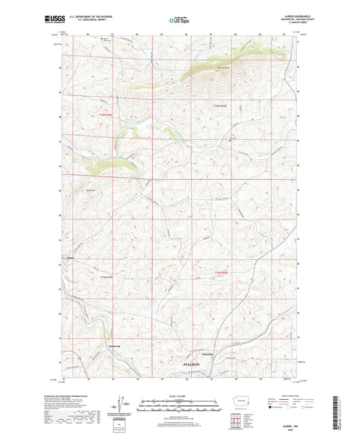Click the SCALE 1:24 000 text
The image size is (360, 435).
point(180,396)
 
